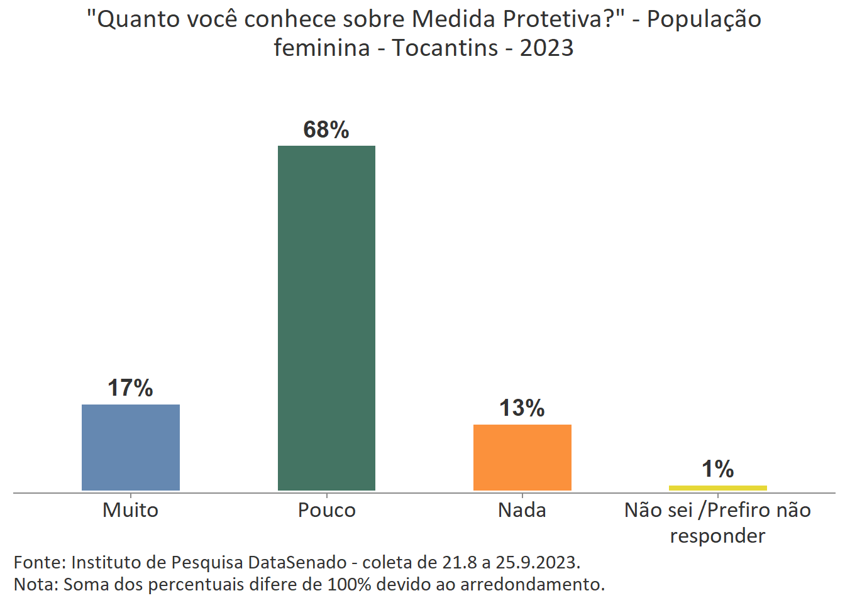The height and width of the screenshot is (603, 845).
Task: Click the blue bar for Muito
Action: [131, 447]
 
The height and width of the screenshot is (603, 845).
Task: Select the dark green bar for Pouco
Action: [326, 318]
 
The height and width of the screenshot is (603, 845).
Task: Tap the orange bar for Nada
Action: [522, 457]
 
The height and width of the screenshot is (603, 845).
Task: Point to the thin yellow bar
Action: [717, 488]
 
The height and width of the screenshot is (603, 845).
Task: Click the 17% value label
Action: [130, 388]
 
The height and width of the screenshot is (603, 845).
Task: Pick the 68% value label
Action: [326, 129]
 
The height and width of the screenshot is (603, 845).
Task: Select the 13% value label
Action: [522, 408]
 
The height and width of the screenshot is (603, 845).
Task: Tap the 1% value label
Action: [717, 469]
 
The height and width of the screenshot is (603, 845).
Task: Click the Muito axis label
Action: [130, 510]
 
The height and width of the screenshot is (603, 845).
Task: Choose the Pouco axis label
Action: [326, 510]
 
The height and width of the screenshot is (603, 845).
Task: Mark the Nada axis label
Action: [522, 510]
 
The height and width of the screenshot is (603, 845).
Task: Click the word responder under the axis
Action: [717, 536]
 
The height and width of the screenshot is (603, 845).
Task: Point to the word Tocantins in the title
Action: [445, 48]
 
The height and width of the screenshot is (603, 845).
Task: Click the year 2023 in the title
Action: [546, 48]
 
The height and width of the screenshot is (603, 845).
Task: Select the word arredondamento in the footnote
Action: [532, 584]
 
